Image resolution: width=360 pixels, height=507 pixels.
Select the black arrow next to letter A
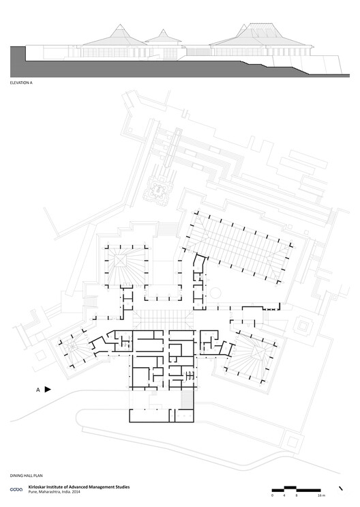(x=48, y=390)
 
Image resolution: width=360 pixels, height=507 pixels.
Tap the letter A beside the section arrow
(x=37, y=390)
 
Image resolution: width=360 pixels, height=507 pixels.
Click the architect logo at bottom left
(x=14, y=489)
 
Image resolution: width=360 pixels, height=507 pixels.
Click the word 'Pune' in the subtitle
(x=33, y=493)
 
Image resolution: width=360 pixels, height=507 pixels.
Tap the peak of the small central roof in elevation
(x=164, y=31)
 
